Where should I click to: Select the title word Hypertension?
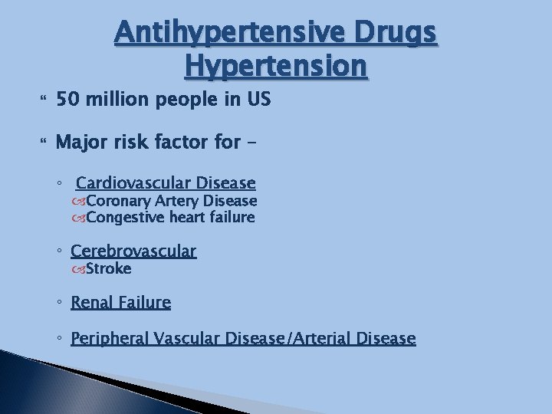point(276,67)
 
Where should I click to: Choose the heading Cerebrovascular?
point(133,251)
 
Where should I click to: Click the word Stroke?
point(108,268)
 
